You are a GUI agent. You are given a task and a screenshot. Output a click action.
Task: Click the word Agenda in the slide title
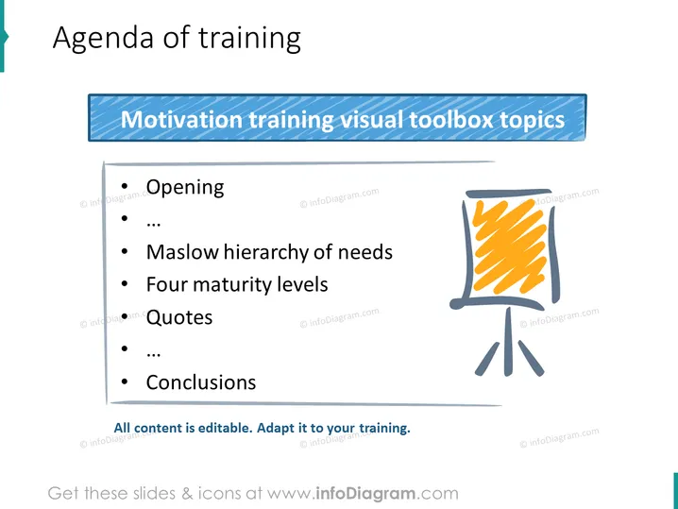click(103, 39)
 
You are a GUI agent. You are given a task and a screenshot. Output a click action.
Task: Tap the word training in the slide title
click(249, 39)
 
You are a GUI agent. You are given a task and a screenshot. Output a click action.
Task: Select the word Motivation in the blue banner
click(181, 119)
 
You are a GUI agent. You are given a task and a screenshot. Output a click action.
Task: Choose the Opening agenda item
click(185, 188)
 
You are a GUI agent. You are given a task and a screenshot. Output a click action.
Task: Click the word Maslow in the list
click(182, 252)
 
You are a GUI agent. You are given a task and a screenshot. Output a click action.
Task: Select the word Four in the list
click(166, 284)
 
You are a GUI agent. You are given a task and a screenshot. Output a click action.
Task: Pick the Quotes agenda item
click(179, 317)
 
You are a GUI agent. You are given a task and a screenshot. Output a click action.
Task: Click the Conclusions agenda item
click(201, 382)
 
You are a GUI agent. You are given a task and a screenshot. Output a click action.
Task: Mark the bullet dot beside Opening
click(125, 186)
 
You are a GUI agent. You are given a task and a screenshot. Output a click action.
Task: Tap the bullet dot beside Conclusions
click(125, 382)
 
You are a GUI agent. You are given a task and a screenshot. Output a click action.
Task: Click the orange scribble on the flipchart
click(509, 246)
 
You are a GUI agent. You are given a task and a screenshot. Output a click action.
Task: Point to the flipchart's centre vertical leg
click(508, 341)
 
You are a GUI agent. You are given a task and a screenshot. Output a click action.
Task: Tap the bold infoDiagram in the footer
click(365, 494)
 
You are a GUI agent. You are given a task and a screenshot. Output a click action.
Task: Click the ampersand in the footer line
click(188, 494)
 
